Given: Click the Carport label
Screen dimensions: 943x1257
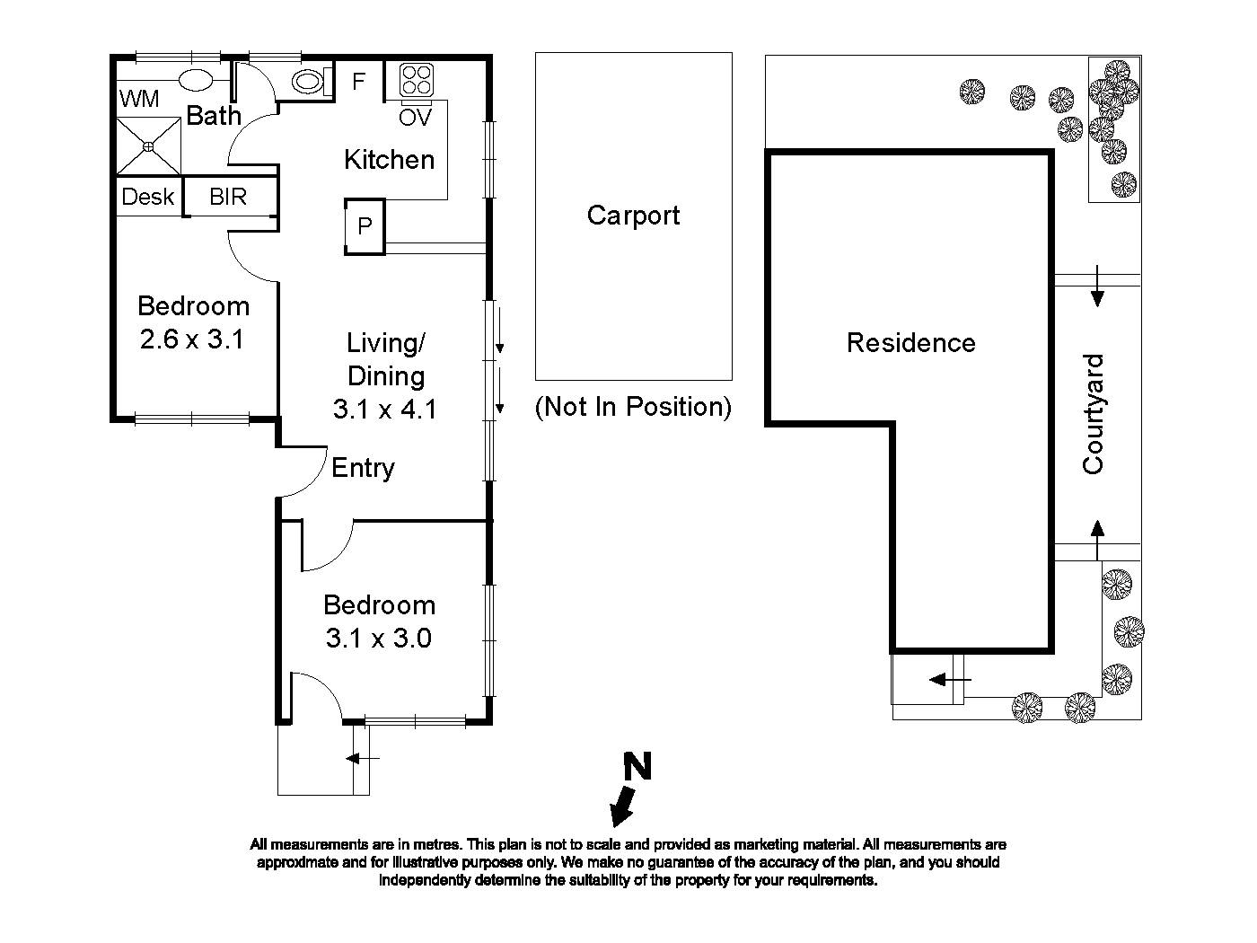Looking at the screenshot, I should (633, 216).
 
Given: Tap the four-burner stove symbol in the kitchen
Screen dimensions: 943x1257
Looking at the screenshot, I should (416, 80).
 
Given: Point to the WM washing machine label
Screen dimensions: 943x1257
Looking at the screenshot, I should (139, 99).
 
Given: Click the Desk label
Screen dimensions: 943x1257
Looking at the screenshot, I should (148, 197).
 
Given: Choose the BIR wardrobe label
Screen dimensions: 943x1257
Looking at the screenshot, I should (228, 197).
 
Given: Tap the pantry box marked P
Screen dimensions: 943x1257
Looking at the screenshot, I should (365, 225).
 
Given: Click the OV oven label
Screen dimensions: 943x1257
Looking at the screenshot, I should (416, 118).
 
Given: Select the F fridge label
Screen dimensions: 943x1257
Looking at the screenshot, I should (358, 82).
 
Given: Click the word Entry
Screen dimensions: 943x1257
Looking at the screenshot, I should (363, 468).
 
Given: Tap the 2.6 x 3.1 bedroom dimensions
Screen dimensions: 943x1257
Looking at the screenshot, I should (192, 340).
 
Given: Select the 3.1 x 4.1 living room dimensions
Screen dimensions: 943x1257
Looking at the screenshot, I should (384, 410).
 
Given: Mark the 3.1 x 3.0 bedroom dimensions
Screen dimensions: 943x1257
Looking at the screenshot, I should (378, 639).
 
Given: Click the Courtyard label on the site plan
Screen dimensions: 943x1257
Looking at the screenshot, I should (1093, 414).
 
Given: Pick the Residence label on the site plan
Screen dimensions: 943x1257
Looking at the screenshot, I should (910, 343).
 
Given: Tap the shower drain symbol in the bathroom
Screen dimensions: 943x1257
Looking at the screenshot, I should (148, 145).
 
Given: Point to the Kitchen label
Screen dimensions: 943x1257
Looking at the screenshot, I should (389, 160).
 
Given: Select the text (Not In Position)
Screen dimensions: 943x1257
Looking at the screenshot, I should (633, 407).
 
